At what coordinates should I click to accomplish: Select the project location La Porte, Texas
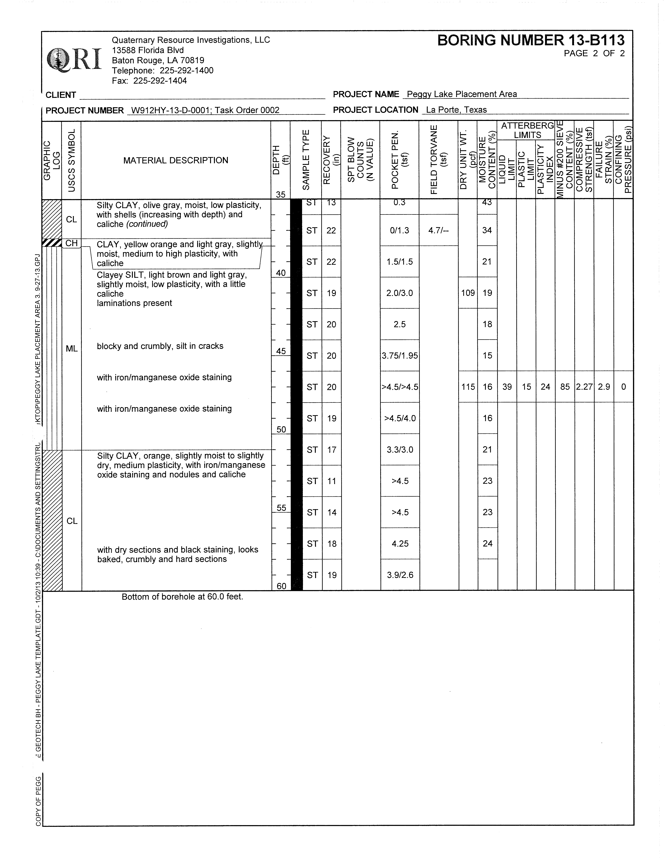coord(456,110)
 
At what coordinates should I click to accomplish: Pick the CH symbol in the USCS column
coord(71,243)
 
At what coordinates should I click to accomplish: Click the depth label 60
coord(281,586)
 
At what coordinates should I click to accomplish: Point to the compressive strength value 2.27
coord(584,387)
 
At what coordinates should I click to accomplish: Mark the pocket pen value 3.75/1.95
coord(399,356)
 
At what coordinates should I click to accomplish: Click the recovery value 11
coord(332,481)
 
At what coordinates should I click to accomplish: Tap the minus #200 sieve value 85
coord(565,387)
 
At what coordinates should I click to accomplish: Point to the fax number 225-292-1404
coord(160,81)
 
